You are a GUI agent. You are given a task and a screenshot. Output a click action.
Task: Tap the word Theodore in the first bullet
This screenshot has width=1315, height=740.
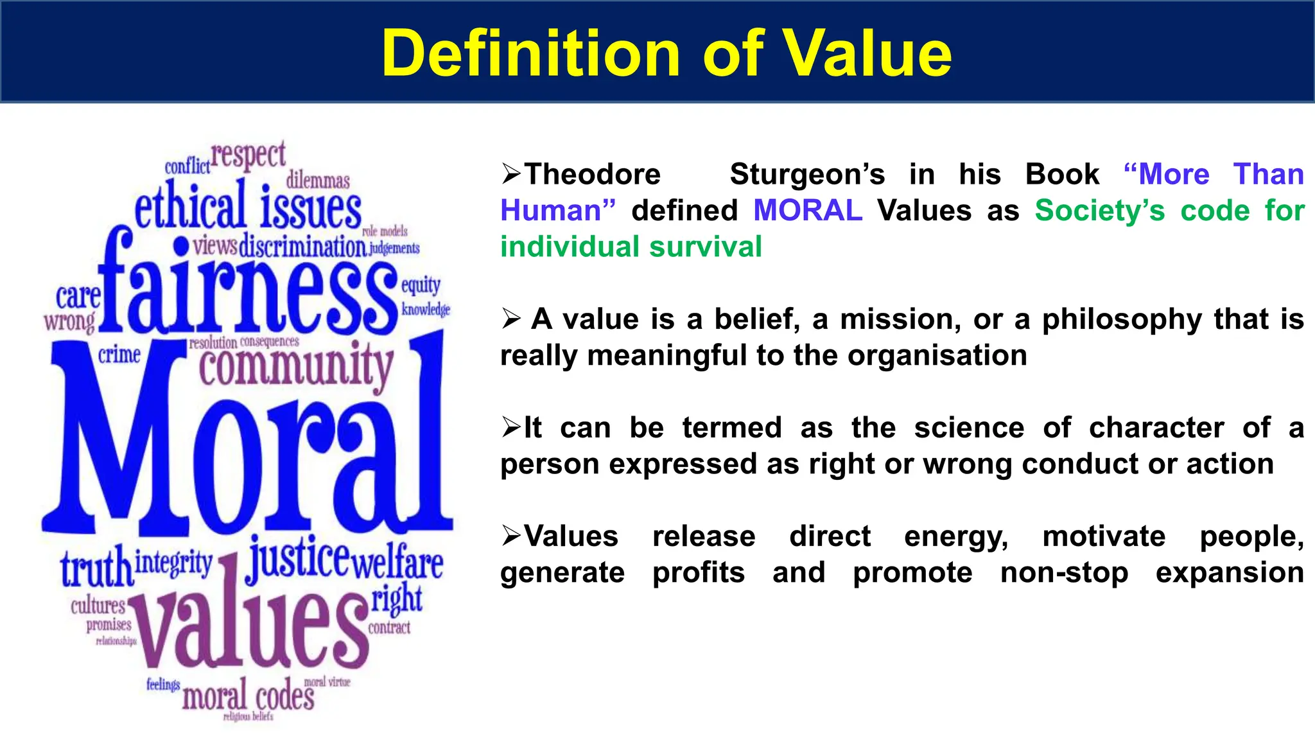(592, 174)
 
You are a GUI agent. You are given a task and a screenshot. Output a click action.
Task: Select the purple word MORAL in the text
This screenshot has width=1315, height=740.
(808, 211)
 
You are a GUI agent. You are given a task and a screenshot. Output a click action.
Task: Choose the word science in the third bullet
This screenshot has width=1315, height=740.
(969, 428)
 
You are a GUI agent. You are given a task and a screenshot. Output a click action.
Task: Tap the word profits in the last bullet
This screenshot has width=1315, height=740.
(699, 572)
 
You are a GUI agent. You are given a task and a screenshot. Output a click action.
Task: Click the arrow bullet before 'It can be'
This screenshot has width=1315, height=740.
(512, 427)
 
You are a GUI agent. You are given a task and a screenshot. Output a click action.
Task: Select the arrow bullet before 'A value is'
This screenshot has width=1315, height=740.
(512, 319)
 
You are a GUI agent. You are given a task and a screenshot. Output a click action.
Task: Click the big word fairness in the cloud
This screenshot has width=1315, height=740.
(247, 289)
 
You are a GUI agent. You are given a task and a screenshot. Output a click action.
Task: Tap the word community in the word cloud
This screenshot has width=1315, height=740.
(295, 366)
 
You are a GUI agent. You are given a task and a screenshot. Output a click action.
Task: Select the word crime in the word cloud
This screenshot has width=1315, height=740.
(119, 355)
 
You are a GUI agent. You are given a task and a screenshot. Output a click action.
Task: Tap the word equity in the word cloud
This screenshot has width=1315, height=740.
(421, 285)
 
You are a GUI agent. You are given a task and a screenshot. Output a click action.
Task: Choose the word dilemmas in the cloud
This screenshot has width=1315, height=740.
(318, 180)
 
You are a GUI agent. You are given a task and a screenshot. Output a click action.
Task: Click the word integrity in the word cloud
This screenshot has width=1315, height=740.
(173, 563)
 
